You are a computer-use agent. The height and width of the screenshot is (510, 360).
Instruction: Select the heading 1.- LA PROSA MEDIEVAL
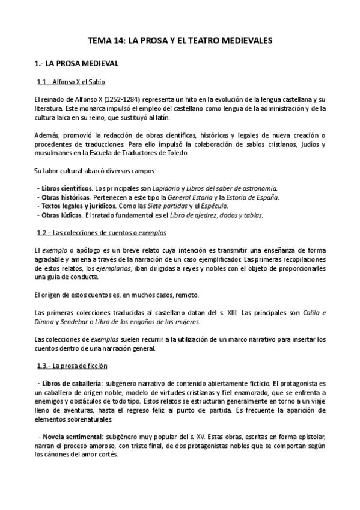tap(75, 62)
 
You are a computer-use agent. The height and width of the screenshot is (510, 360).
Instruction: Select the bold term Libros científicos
tap(67, 188)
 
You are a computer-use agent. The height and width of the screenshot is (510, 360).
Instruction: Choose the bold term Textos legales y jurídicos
tap(76, 206)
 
